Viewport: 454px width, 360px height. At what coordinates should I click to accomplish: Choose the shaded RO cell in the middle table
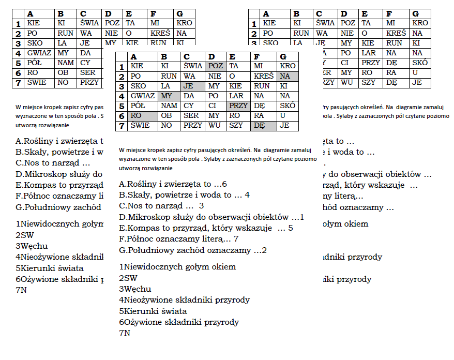(143, 116)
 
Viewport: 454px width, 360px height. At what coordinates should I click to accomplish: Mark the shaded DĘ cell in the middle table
(263, 126)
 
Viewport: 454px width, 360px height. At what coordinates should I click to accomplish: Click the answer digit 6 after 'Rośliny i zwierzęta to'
(224, 184)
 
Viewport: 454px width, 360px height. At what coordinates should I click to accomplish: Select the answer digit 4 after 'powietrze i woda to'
(247, 195)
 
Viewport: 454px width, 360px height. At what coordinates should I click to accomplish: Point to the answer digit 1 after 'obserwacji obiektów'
(302, 217)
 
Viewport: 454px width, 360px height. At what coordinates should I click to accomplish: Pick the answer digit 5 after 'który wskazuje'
(291, 228)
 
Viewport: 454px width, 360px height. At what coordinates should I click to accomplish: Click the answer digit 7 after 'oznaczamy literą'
(236, 239)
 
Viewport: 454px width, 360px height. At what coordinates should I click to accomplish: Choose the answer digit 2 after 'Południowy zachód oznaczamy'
(264, 250)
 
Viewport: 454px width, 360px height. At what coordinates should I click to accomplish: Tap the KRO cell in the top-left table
(184, 23)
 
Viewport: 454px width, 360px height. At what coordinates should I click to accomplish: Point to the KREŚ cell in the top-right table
(396, 33)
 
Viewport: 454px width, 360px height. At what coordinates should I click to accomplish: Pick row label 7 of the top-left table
(18, 83)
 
